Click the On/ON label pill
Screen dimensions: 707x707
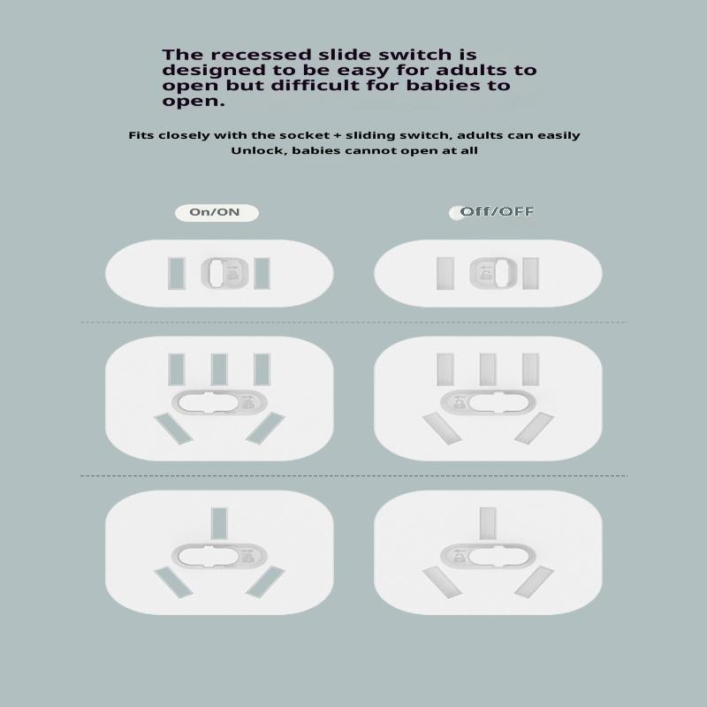[217, 213]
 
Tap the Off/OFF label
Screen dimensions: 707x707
[497, 211]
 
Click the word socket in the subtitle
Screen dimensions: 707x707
[305, 135]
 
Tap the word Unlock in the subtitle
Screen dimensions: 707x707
[260, 150]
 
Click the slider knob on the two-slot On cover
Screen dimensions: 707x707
[215, 273]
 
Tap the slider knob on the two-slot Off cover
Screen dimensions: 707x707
[501, 273]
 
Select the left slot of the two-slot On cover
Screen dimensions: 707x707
[176, 273]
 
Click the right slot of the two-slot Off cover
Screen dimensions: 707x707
[530, 273]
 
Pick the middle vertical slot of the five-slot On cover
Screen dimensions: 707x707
[219, 369]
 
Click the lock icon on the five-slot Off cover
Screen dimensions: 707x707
[460, 404]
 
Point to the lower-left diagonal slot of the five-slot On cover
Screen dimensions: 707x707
[173, 429]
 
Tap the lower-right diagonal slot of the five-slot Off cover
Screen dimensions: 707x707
[534, 428]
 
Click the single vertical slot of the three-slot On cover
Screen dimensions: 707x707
[219, 523]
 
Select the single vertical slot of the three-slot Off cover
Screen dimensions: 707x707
[488, 523]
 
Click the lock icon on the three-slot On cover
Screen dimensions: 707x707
[247, 558]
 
